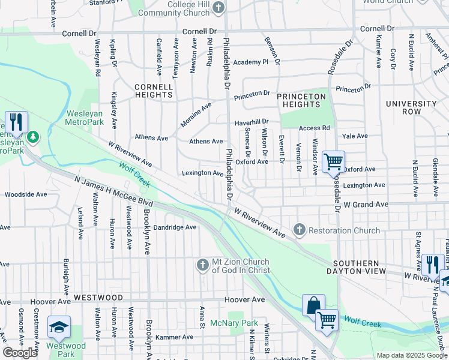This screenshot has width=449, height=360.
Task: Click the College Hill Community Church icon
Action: [219, 8]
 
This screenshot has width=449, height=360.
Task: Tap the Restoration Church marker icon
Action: [299, 230]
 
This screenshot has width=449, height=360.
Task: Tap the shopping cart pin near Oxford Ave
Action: [333, 161]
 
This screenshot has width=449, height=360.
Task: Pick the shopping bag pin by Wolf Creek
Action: [313, 305]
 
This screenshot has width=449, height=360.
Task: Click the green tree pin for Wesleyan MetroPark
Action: [32, 137]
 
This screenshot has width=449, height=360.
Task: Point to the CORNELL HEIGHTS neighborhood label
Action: [154, 91]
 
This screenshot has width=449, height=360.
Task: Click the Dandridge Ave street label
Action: [175, 227]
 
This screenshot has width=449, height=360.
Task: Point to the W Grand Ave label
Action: [365, 205]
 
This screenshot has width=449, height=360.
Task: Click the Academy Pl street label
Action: [250, 62]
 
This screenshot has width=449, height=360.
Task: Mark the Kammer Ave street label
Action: [174, 337]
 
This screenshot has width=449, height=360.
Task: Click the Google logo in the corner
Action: [20, 353]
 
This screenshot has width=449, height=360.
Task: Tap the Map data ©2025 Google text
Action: [412, 355]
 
